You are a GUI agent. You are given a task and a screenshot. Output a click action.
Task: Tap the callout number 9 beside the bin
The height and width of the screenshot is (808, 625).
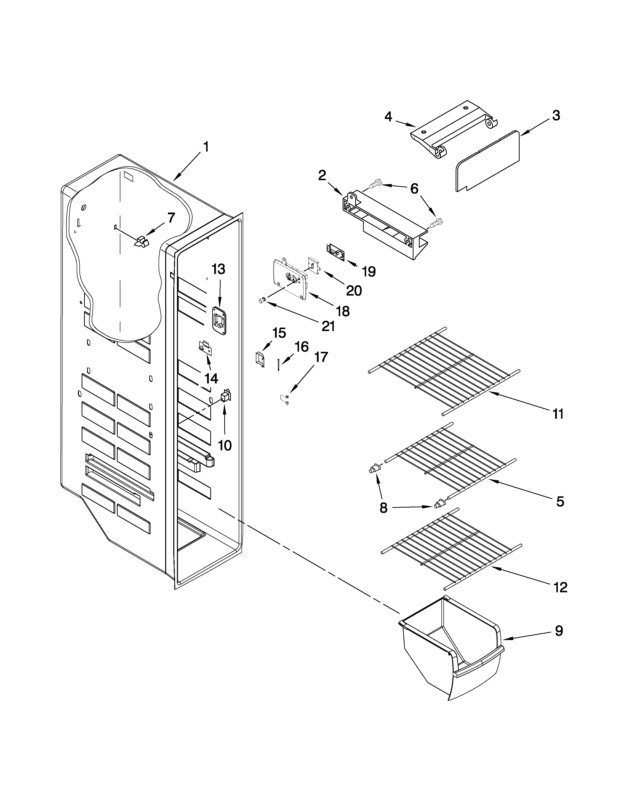click(x=559, y=630)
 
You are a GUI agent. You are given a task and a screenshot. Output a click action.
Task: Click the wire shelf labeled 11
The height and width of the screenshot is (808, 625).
click(x=444, y=370)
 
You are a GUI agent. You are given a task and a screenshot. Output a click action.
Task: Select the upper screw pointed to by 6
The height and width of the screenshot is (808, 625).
click(x=375, y=182)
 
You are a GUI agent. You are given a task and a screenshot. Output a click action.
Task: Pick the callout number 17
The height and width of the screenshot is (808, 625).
click(x=321, y=357)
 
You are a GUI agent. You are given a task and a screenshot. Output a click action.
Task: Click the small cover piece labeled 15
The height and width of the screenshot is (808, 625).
click(x=260, y=359)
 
